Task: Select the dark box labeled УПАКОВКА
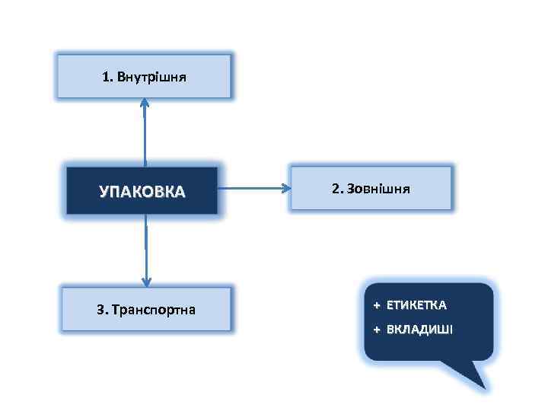[x=142, y=190]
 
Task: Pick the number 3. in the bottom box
[x=102, y=310]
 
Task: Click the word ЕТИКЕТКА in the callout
[x=416, y=305]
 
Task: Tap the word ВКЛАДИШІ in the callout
[x=419, y=330]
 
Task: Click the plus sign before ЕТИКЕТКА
[x=376, y=305]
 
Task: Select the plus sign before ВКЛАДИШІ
[x=376, y=330]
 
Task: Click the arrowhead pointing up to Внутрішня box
[x=145, y=104]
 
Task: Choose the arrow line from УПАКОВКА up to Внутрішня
[x=145, y=137]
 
